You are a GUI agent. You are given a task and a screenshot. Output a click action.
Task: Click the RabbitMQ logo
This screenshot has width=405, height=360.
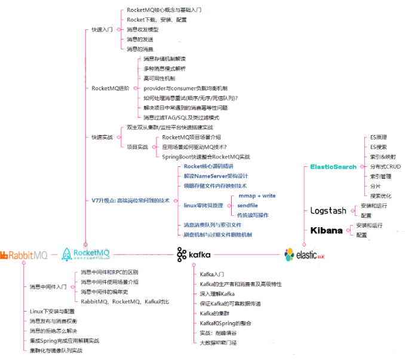pyautogui.click(x=24, y=255)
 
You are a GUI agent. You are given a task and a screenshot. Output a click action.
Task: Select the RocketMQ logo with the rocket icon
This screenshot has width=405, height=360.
pyautogui.click(x=86, y=255)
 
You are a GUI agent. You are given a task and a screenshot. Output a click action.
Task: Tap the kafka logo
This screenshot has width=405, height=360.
pyautogui.click(x=194, y=255)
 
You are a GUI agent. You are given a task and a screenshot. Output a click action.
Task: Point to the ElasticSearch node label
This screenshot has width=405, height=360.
pyautogui.click(x=333, y=167)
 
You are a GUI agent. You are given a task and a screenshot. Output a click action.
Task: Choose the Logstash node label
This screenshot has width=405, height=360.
pyautogui.click(x=329, y=210)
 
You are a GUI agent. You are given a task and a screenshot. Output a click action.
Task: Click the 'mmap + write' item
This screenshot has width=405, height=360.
pyautogui.click(x=257, y=196)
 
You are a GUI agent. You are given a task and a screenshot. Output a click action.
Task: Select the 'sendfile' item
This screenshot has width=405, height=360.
pyautogui.click(x=247, y=205)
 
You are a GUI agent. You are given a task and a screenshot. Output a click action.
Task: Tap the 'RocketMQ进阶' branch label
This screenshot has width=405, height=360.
pyautogui.click(x=110, y=88)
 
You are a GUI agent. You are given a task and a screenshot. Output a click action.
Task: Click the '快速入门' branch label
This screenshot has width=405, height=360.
pyautogui.click(x=102, y=29)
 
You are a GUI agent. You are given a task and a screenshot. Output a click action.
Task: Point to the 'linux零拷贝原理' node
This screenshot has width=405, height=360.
pyautogui.click(x=204, y=205)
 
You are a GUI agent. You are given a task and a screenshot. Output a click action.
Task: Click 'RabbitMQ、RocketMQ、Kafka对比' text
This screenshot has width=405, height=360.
pyautogui.click(x=125, y=301)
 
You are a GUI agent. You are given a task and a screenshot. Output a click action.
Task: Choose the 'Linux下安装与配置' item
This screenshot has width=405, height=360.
pyautogui.click(x=53, y=312)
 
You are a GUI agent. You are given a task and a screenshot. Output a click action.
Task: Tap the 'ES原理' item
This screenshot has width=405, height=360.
pyautogui.click(x=379, y=137)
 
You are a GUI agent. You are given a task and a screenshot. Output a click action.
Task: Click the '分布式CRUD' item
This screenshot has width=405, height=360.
pyautogui.click(x=385, y=166)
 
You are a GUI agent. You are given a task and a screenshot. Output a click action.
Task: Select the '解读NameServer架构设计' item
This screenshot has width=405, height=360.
pyautogui.click(x=216, y=176)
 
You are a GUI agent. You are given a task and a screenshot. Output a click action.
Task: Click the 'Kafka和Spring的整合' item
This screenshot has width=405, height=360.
pyautogui.click(x=226, y=322)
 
